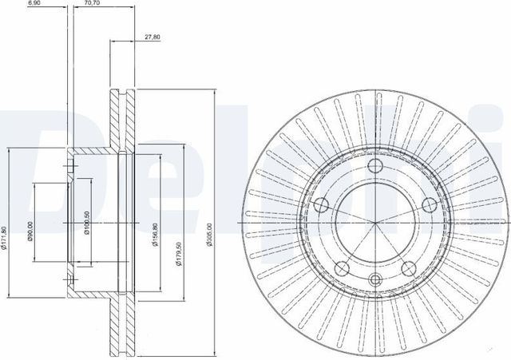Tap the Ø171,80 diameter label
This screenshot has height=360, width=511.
coord(5,239)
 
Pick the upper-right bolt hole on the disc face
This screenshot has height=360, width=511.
coord(429,204)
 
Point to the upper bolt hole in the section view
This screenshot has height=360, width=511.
coord(72,167)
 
